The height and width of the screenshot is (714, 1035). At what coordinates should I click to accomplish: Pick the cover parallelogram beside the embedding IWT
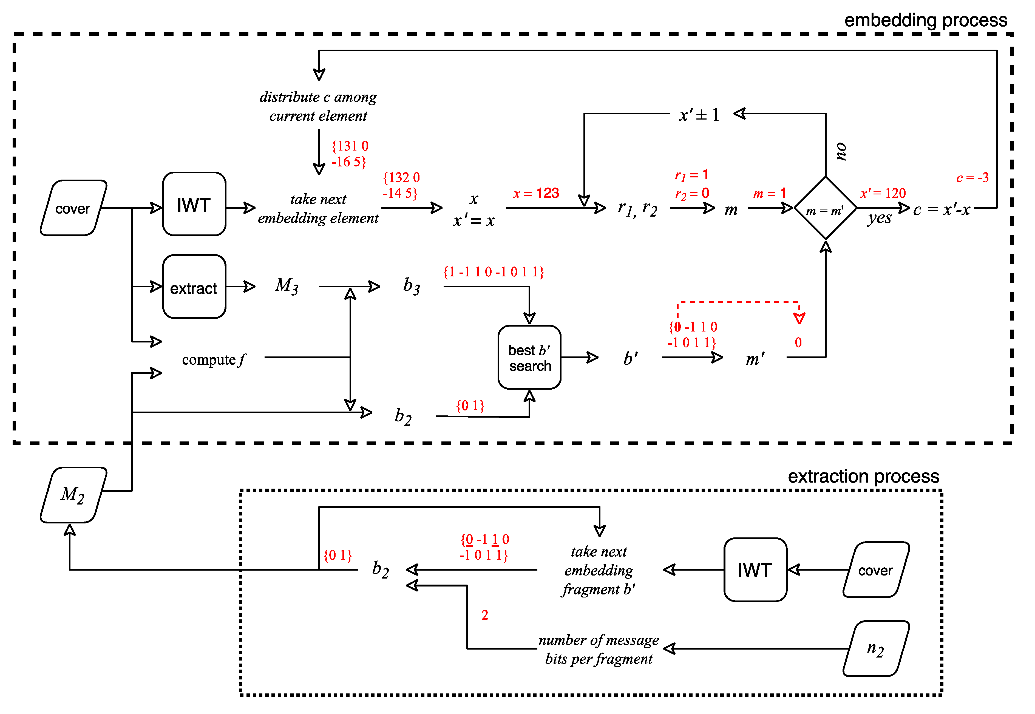coord(73,208)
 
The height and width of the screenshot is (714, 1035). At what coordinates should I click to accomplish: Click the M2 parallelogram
coord(73,495)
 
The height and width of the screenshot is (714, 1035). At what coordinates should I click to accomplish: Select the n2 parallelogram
coord(875,649)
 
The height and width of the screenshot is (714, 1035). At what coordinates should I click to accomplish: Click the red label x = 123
coord(535,193)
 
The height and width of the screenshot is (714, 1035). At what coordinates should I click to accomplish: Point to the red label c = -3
coord(972,178)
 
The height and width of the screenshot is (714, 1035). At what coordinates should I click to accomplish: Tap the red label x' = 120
coord(883,193)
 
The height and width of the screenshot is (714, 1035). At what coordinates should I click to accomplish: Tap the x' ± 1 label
coord(699,115)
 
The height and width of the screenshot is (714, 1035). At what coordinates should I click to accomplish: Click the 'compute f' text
coord(214,360)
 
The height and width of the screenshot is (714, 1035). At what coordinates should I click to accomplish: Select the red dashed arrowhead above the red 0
coord(799,318)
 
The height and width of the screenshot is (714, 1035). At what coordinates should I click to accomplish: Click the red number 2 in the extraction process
coord(484,615)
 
